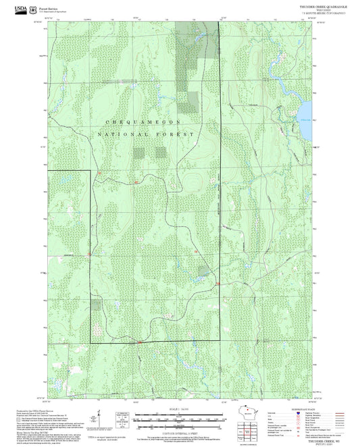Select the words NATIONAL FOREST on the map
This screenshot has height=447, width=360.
pyautogui.click(x=146, y=134)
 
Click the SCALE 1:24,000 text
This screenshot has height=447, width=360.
pyautogui.click(x=179, y=408)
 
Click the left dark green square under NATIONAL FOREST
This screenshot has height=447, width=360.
pyautogui.click(x=140, y=152)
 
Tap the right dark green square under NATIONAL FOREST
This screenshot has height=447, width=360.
pyautogui.click(x=161, y=152)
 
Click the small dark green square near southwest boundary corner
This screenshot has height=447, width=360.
pyautogui.click(x=97, y=305)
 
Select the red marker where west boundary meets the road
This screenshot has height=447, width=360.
pyautogui.click(x=90, y=256)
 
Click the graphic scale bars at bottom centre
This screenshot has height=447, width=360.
pyautogui.click(x=179, y=419)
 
